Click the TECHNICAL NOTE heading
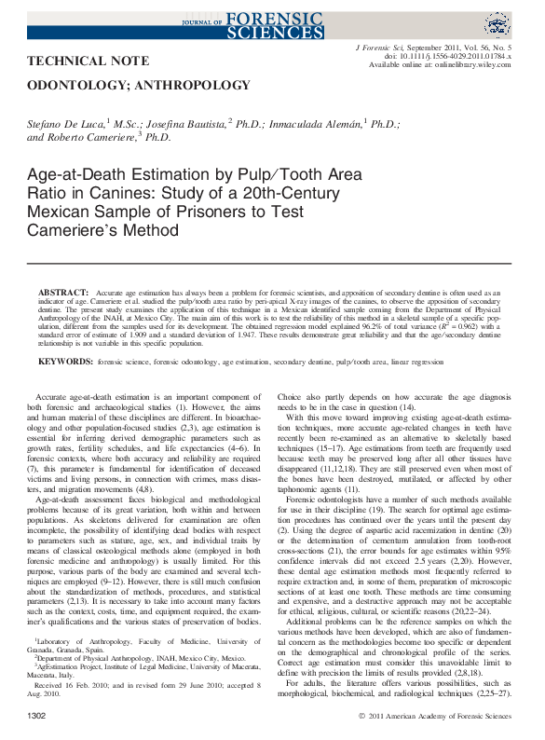pos(89,61)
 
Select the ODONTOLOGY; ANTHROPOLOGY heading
pos(140,85)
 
